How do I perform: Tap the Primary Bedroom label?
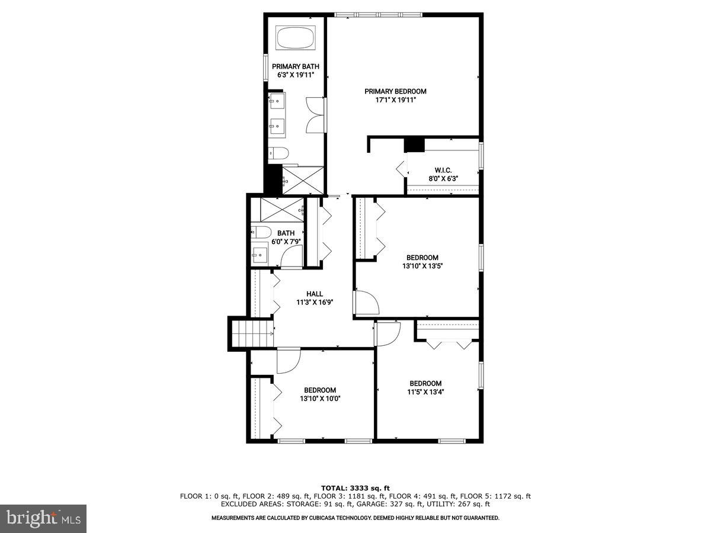point(395,91)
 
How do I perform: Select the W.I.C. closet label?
point(443,170)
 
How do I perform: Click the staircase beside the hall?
point(251,333)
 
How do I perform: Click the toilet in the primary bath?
point(278,153)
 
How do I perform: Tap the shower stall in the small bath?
point(282,210)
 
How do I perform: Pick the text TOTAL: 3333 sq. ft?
point(355,488)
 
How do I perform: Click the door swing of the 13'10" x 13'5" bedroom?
point(366,303)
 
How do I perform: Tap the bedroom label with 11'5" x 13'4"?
point(425,383)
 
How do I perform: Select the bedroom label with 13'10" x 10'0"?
point(320,390)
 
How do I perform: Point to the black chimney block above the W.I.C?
point(414,145)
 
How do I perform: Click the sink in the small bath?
point(259,256)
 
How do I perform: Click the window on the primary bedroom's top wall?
point(379,14)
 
